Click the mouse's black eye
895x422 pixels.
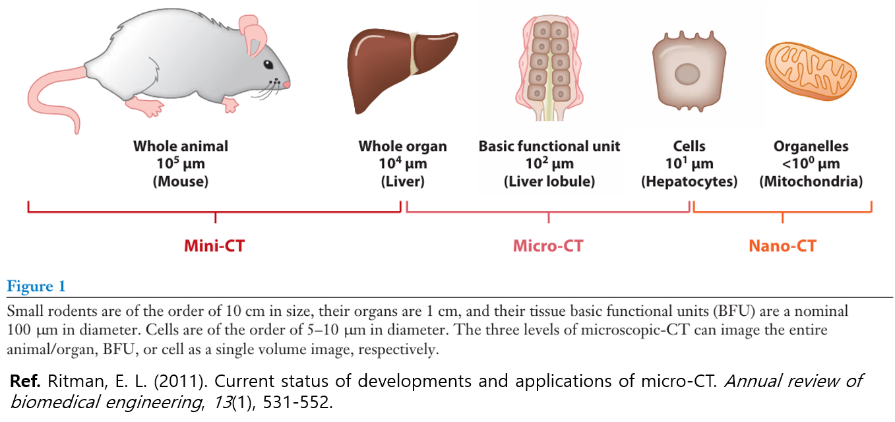268,65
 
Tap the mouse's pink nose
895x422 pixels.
286,84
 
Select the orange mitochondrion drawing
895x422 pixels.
811,71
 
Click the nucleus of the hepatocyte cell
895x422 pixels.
687,75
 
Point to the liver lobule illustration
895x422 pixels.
549,68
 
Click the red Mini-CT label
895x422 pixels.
214,246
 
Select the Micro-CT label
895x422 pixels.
548,246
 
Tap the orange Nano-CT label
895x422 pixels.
782,246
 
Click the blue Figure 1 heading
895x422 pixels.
36,286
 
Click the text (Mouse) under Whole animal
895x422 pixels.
181,181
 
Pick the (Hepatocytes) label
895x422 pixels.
689,181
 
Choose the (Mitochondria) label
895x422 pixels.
811,181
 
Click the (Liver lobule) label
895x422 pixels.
549,181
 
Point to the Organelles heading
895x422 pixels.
811,146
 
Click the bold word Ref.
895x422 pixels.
25,381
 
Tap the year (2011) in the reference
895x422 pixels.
181,382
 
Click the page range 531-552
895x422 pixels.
297,402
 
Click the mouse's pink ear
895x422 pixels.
253,35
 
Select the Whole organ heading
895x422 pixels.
403,146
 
